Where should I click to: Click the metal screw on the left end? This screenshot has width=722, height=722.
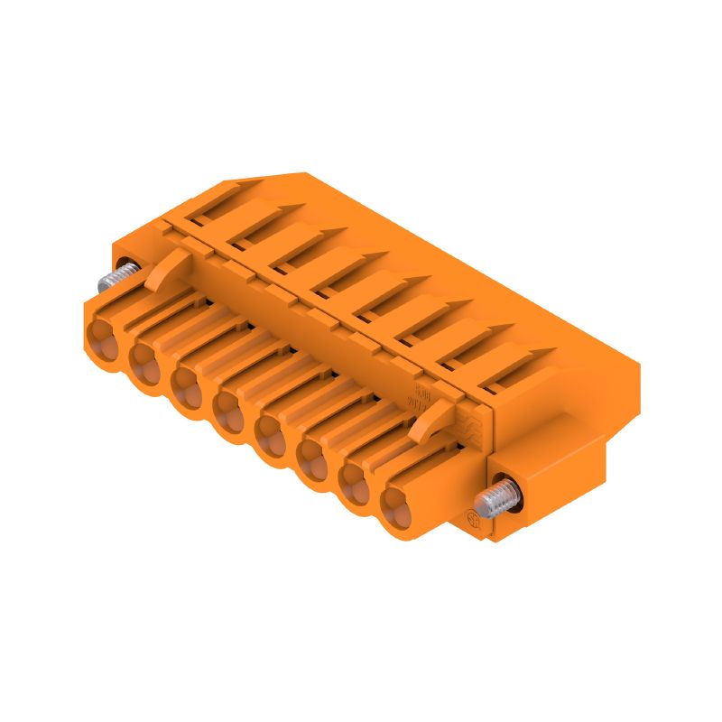118,274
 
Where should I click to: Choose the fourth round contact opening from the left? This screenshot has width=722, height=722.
229,409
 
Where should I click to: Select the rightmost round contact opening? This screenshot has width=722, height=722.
396,510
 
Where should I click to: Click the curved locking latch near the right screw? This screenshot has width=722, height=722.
432,419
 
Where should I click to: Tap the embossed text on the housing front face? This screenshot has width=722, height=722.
421,398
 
